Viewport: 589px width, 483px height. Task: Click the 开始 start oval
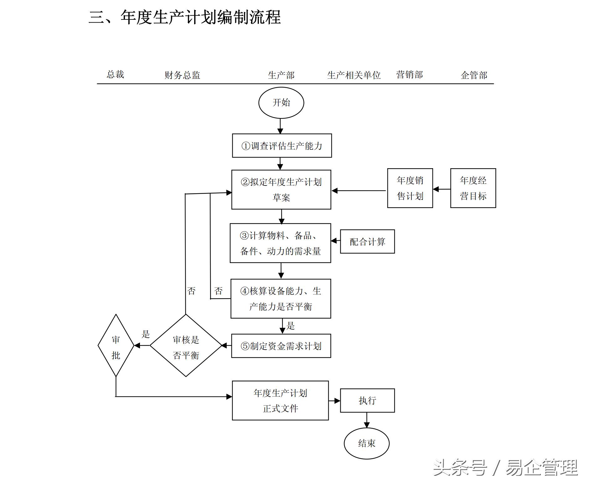281,103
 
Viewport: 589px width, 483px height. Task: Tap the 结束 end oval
366,443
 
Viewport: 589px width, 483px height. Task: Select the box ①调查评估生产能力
282,146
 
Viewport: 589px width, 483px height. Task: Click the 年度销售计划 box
410,188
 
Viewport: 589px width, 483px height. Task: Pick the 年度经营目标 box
473,188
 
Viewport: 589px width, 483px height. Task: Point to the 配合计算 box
367,241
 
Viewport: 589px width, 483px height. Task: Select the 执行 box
367,400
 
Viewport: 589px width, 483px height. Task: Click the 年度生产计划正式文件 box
280,400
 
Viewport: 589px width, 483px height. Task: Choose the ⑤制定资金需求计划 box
281,346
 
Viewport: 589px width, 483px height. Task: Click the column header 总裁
115,74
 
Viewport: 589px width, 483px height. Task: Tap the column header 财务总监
182,75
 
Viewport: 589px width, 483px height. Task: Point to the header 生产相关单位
354,75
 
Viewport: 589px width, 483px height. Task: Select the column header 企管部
474,75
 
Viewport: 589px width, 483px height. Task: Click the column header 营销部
409,75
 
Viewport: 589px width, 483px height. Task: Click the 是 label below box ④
291,326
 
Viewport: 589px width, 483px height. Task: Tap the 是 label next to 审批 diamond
146,334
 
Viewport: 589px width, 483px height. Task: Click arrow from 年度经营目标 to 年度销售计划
442,189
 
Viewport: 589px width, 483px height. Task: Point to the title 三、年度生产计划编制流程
185,17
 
